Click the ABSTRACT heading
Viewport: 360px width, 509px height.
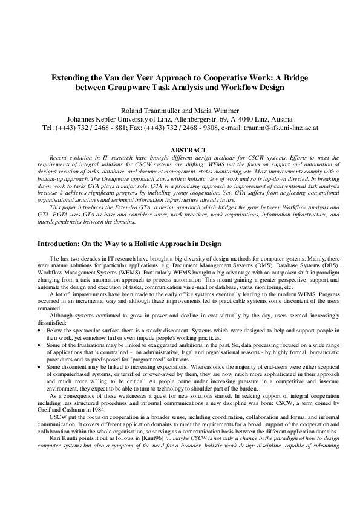[x=180, y=149]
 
